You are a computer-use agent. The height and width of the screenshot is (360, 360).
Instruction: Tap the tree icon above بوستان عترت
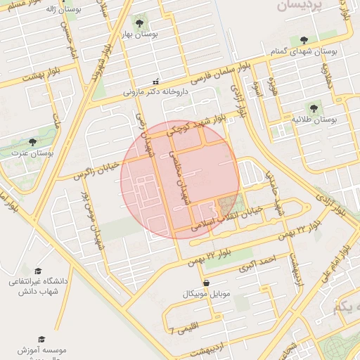click(32, 141)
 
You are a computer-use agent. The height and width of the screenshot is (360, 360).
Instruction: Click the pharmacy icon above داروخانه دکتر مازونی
click(156, 81)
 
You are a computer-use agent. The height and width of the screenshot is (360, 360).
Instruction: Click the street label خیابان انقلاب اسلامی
click(229, 218)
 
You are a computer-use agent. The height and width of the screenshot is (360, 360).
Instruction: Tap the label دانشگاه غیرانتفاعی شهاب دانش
click(38, 286)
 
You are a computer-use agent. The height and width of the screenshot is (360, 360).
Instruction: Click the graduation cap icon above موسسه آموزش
click(41, 339)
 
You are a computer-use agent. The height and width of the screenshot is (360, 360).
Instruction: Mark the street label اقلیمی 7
click(186, 327)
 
